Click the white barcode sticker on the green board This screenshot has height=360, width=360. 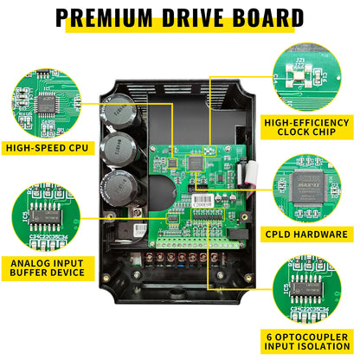click(x=202, y=197)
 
